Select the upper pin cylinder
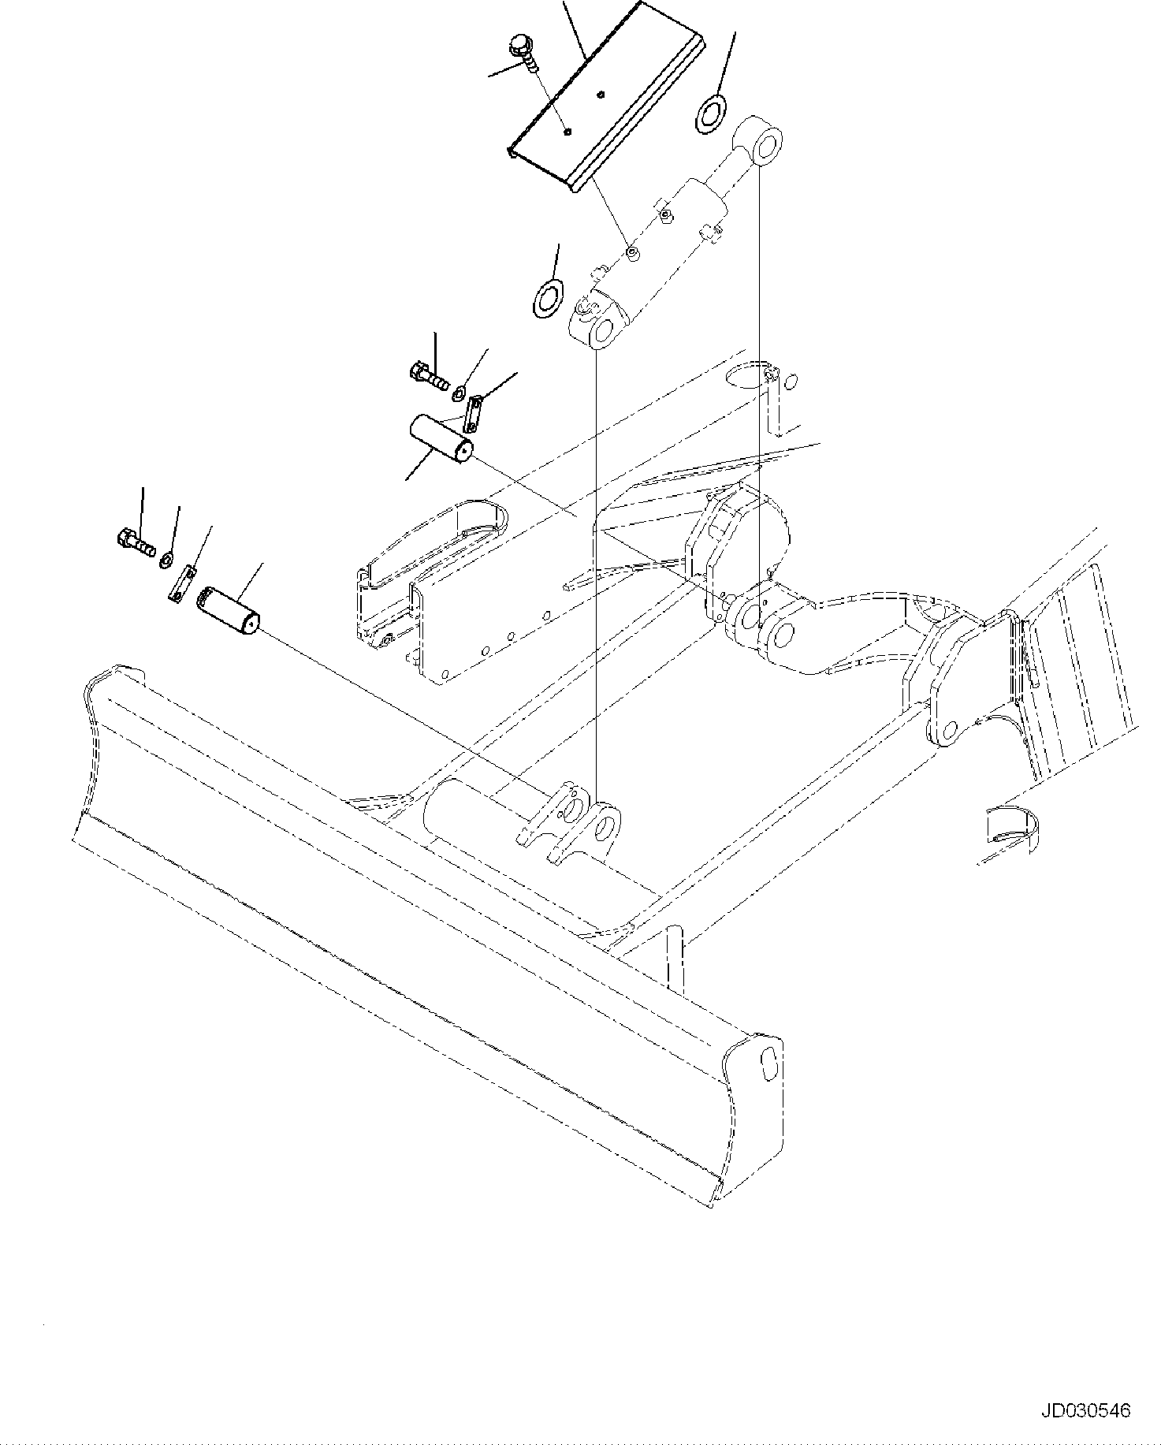click(441, 439)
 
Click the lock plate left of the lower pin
click(184, 584)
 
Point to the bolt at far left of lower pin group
click(135, 541)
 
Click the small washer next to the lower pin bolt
click(167, 560)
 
